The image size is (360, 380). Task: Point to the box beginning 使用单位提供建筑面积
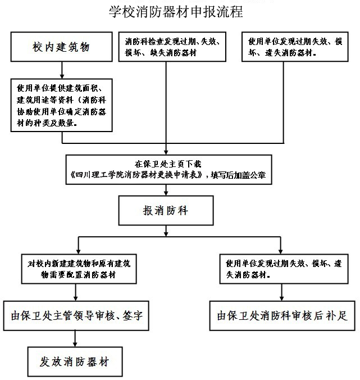tap(62, 105)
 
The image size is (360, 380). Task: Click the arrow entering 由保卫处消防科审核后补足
tap(280, 293)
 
